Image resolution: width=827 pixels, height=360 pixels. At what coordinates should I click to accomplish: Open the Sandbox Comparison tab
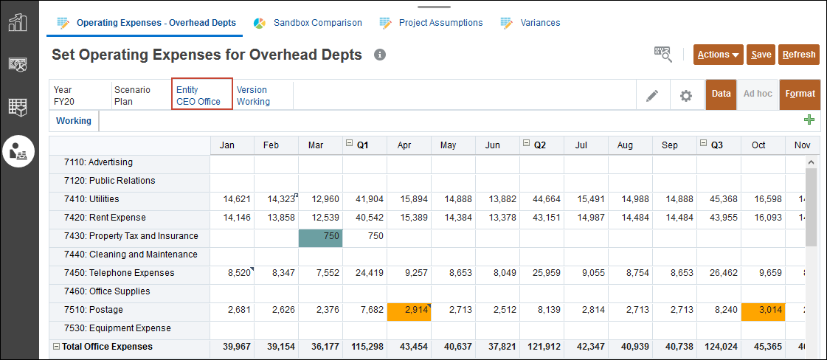click(x=309, y=23)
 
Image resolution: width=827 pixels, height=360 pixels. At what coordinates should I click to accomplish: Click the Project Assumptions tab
click(x=432, y=23)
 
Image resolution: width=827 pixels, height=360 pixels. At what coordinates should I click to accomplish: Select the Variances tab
click(x=531, y=23)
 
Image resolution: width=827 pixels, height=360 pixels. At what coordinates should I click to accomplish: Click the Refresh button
click(x=798, y=55)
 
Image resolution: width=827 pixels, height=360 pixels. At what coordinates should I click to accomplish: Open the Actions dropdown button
click(x=718, y=55)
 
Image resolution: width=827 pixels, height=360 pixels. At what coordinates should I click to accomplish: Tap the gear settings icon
click(x=686, y=95)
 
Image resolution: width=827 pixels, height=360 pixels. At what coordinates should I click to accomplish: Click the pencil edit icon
click(x=652, y=95)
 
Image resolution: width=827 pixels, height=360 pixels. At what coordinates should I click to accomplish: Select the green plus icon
click(x=809, y=120)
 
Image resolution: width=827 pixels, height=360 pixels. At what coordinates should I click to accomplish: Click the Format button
click(x=800, y=94)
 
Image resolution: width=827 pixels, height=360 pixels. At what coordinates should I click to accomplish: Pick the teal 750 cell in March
click(x=320, y=236)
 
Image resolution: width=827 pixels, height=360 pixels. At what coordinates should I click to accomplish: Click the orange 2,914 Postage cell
click(x=409, y=310)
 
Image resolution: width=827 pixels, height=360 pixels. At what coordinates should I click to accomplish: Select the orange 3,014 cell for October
click(x=763, y=310)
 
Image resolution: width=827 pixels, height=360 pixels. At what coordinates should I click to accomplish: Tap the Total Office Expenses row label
click(x=107, y=347)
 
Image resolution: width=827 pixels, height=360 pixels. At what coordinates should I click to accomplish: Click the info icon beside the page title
click(x=380, y=55)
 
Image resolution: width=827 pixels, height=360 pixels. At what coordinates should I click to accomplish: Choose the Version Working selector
click(x=253, y=95)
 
